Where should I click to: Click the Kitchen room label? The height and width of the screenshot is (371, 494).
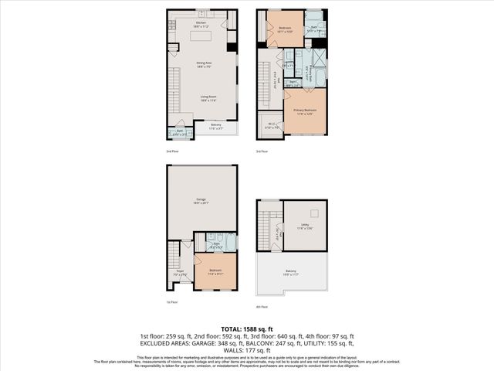click(x=201, y=23)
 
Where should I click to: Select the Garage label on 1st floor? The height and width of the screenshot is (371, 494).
click(x=201, y=202)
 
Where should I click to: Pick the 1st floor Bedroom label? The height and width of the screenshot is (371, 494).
click(x=215, y=271)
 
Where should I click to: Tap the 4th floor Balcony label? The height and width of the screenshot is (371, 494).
click(x=291, y=272)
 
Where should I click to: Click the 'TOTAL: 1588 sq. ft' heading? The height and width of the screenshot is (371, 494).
click(x=246, y=327)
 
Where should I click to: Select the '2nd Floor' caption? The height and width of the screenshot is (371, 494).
click(x=173, y=151)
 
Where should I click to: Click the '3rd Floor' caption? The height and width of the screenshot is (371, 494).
click(x=262, y=151)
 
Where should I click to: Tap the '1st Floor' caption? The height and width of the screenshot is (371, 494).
click(x=173, y=301)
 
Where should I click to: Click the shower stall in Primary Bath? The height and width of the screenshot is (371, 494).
click(x=319, y=58)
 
